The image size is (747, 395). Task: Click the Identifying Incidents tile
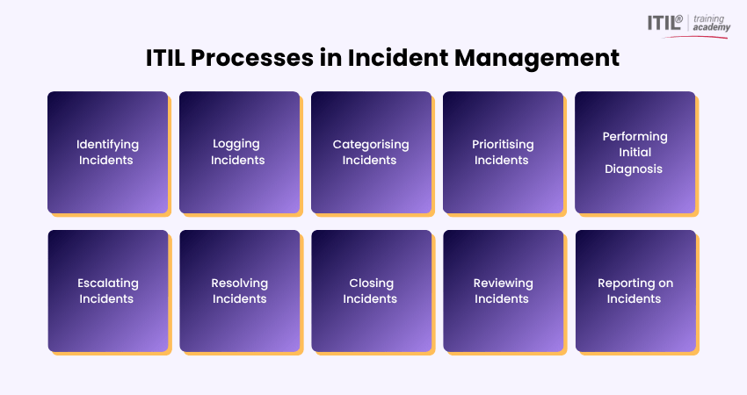pyautogui.click(x=108, y=152)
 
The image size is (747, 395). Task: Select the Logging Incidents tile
pyautogui.click(x=240, y=152)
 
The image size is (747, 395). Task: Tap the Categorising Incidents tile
pyautogui.click(x=371, y=152)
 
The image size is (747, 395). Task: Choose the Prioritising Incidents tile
pyautogui.click(x=503, y=152)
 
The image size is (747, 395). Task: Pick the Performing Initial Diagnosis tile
pyautogui.click(x=635, y=152)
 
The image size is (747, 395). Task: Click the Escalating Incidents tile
pyautogui.click(x=108, y=291)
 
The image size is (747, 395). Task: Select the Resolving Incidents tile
pyautogui.click(x=240, y=291)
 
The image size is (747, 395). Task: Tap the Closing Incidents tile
pyautogui.click(x=372, y=291)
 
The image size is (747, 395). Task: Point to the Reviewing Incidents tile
pyautogui.click(x=504, y=291)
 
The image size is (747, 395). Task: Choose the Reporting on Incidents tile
pyautogui.click(x=635, y=291)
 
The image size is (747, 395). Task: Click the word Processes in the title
pyautogui.click(x=252, y=58)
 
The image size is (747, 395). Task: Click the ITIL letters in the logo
pyautogui.click(x=664, y=22)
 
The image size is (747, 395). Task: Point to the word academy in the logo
pyautogui.click(x=711, y=27)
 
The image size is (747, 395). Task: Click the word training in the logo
pyautogui.click(x=709, y=19)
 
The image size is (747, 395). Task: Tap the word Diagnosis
pyautogui.click(x=634, y=169)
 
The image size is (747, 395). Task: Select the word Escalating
pyautogui.click(x=108, y=284)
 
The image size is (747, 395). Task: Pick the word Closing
pyautogui.click(x=372, y=284)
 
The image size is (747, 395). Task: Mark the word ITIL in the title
pyautogui.click(x=165, y=58)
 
